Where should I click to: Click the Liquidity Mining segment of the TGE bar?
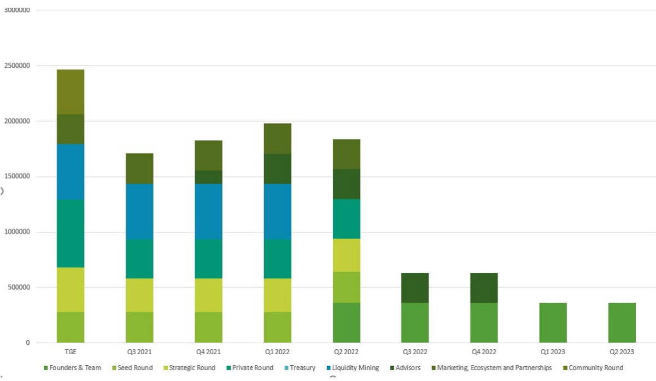click(x=71, y=172)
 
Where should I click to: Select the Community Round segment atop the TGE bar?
click(x=71, y=92)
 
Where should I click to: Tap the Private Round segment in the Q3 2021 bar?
click(x=139, y=259)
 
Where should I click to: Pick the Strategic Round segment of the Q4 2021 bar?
click(x=208, y=295)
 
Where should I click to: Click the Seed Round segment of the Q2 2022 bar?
click(x=347, y=288)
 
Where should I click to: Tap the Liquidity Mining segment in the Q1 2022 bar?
click(x=277, y=212)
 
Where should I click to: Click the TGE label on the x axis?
click(x=70, y=352)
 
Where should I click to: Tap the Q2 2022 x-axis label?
click(x=347, y=352)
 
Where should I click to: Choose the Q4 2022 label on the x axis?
click(x=484, y=352)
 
